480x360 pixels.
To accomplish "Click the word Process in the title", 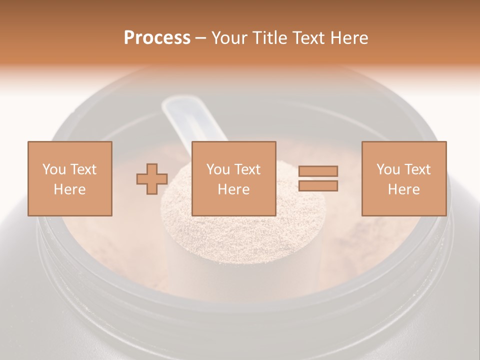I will point(157,38).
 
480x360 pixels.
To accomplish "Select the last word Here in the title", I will point(350,38).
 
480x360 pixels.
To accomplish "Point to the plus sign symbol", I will point(152,179).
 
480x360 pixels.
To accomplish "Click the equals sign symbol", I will point(318,178).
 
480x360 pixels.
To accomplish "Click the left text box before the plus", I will point(70,178).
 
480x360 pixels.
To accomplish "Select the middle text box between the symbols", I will point(234,178).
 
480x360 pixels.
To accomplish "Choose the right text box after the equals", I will point(404,178).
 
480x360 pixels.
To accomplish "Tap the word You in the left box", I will point(53,169).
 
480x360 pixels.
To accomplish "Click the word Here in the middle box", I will point(234,189).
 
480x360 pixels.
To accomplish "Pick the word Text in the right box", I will point(417,169).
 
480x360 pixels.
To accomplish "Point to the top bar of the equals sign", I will point(318,171).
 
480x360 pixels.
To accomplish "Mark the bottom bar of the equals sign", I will point(318,186).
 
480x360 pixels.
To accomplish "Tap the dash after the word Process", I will point(200,38).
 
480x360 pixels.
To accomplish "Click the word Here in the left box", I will point(70,189).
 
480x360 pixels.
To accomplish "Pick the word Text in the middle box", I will point(247,169).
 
